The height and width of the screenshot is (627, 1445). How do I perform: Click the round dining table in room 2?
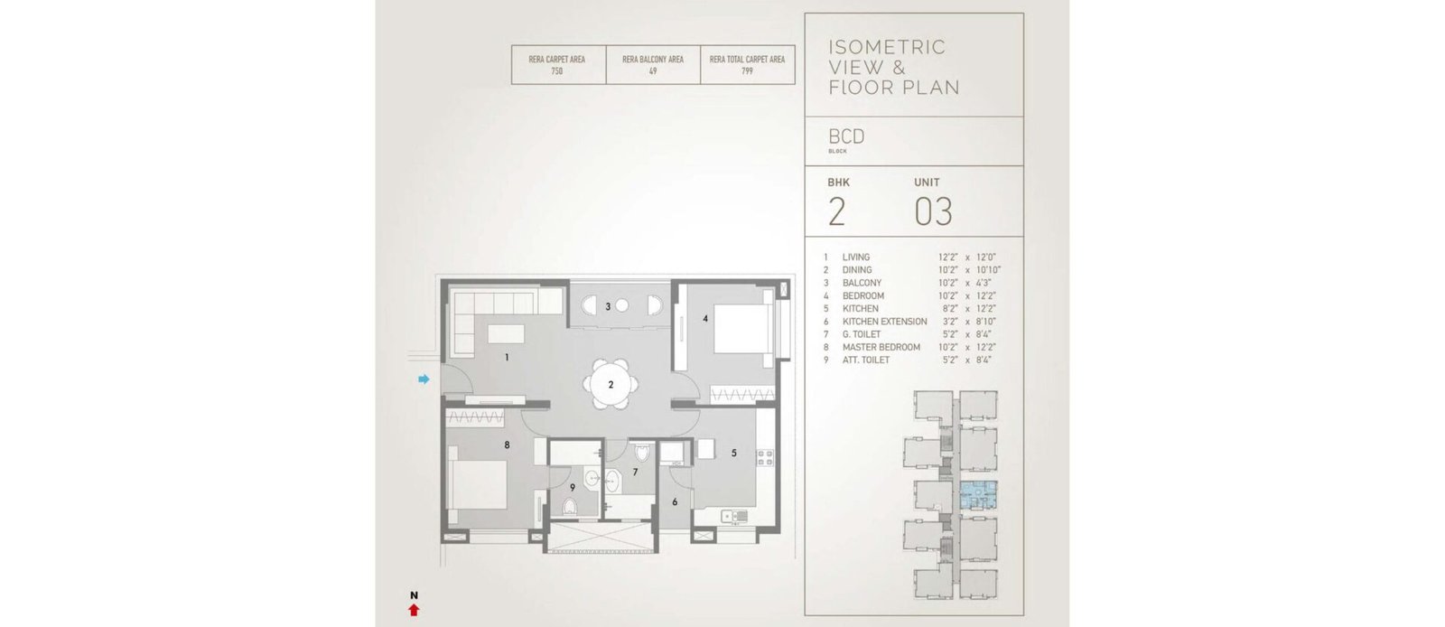(611, 385)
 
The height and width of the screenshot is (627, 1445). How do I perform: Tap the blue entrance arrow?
(424, 379)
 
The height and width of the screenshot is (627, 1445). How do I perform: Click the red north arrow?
(415, 610)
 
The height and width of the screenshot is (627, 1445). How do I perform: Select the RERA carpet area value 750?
(556, 71)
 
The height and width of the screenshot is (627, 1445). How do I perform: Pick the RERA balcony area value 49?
(653, 71)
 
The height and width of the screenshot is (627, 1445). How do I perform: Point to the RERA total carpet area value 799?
(747, 71)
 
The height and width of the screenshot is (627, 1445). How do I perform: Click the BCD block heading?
(846, 136)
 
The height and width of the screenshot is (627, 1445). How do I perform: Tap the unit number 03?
(933, 211)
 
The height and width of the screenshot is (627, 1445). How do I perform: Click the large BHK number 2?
(836, 211)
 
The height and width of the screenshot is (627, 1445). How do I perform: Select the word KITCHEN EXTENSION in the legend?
(884, 322)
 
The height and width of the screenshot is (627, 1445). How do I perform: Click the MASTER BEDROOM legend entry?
(881, 347)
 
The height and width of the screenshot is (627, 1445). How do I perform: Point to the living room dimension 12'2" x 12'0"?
(967, 257)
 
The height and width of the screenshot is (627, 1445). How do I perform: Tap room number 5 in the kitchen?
(733, 453)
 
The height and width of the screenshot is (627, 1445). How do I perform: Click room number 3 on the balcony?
(608, 307)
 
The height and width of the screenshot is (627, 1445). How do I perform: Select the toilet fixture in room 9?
(568, 506)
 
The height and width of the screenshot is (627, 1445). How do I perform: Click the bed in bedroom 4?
(741, 328)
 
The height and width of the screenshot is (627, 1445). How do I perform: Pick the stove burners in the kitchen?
(764, 458)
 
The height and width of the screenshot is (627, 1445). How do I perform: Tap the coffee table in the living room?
(506, 333)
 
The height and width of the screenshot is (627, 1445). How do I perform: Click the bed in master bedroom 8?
(478, 485)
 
